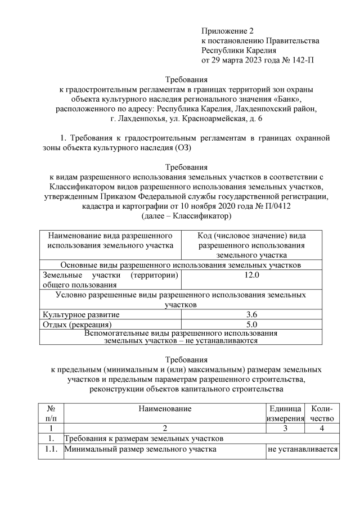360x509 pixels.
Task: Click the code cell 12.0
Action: point(252,275)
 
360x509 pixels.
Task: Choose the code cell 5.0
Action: point(252,324)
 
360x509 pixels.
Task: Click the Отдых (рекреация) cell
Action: point(77,324)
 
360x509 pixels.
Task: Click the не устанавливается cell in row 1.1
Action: point(302,449)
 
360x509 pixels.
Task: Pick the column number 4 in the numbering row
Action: point(322,427)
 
